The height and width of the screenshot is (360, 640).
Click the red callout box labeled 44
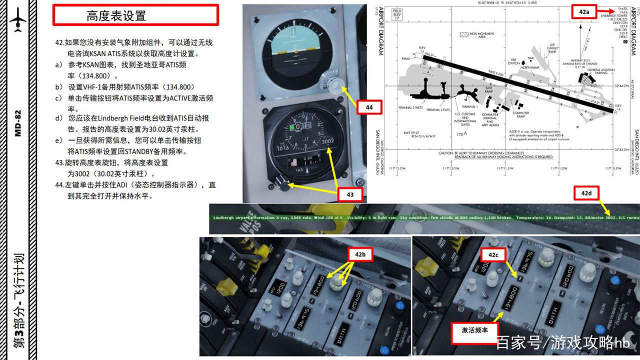369,107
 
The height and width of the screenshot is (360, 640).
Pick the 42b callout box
360,254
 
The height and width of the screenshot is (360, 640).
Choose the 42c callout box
493,255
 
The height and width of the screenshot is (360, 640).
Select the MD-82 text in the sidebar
18,122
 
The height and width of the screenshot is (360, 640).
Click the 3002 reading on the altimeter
327,141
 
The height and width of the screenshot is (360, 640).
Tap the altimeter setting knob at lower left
284,186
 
